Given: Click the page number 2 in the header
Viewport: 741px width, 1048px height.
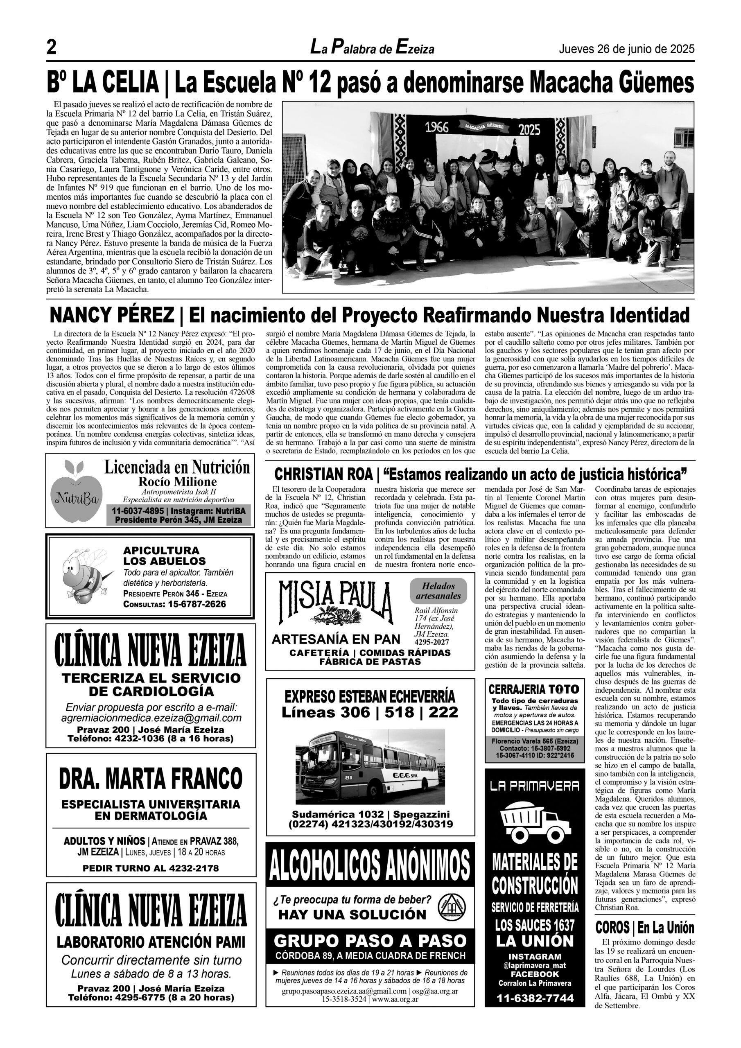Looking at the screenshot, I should [52, 48].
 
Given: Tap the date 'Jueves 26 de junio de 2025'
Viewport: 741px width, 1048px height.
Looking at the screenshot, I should [626, 49].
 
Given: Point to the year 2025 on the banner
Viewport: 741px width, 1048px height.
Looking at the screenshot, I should [529, 129].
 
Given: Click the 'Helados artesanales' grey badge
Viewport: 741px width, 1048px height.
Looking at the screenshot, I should [438, 591].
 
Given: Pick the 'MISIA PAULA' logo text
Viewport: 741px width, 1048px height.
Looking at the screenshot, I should [336, 603].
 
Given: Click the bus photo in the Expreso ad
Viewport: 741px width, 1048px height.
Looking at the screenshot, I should [370, 767].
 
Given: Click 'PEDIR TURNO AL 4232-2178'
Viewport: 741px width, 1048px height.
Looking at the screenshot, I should [151, 868].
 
